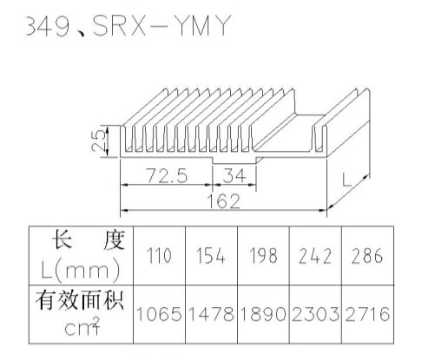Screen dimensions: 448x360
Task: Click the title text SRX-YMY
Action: coord(161,25)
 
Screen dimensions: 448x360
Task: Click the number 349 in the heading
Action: coord(48,26)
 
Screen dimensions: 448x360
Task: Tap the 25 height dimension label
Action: coord(98,141)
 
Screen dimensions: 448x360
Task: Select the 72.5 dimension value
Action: coord(167,175)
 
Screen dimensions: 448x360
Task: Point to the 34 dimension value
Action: coord(234,175)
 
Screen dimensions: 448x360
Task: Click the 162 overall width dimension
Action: coord(224,201)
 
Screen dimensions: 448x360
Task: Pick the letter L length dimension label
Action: coord(346,180)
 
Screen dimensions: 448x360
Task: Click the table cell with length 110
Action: coord(159,256)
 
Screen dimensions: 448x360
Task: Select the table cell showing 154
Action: coord(211,256)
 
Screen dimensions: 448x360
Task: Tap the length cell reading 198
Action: coord(263,256)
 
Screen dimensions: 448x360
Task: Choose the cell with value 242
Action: coord(315,256)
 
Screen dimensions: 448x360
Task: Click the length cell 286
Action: coord(367,256)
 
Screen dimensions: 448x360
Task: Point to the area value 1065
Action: coord(159,314)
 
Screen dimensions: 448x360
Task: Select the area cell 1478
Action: coord(211,314)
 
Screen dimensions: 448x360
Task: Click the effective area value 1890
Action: coord(263,314)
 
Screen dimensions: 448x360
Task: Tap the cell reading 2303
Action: coord(315,314)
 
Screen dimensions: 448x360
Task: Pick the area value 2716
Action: coord(367,314)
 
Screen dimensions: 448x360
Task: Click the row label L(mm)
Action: coord(81,270)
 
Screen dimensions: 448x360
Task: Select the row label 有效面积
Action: coord(80,301)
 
